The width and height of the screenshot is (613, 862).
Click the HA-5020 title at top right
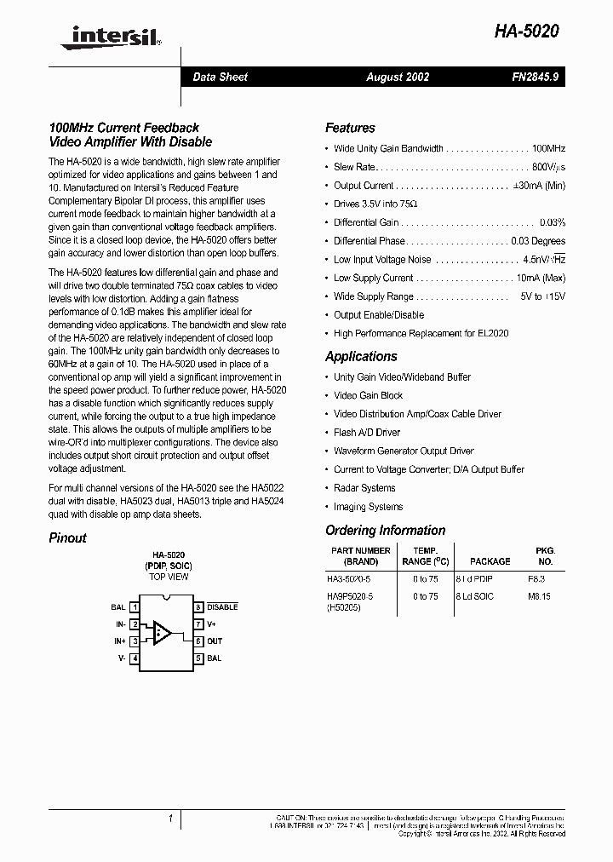point(526,32)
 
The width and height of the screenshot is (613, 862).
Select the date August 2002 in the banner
point(398,77)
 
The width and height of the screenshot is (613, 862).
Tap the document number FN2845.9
point(536,77)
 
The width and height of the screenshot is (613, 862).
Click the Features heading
point(350,128)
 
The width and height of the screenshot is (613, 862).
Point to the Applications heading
point(361,356)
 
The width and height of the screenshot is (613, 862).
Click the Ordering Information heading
point(385,530)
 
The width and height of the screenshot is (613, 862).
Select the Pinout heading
point(67,537)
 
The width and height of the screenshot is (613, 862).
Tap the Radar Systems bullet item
point(364,488)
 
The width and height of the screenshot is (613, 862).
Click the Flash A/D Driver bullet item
point(367,433)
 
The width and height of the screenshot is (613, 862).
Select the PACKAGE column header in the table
point(490,561)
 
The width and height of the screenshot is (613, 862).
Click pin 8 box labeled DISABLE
point(198,607)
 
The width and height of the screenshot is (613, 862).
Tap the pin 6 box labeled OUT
point(198,641)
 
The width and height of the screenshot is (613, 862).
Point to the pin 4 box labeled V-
point(135,658)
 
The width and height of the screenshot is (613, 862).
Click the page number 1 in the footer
point(170,819)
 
